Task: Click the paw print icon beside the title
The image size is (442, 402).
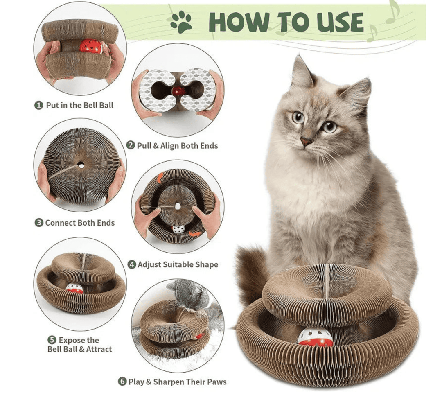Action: [x=181, y=23]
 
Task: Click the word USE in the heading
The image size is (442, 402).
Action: [x=336, y=23]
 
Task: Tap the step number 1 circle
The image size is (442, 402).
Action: [x=38, y=105]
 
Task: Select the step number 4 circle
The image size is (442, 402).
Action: [x=132, y=264]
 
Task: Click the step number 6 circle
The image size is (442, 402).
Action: [x=122, y=382]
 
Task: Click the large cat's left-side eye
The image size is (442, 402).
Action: [x=298, y=117]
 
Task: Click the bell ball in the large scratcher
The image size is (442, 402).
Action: [x=315, y=337]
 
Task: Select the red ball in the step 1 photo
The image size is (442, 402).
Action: [x=90, y=46]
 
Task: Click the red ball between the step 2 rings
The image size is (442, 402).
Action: [x=178, y=91]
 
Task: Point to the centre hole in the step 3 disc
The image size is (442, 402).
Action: [x=81, y=165]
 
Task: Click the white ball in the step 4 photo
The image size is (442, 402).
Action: [x=178, y=229]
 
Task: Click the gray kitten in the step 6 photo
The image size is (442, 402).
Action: [x=189, y=294]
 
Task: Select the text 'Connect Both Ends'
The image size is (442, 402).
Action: [x=80, y=223]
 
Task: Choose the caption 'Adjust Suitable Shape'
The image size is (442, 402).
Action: [x=178, y=264]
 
